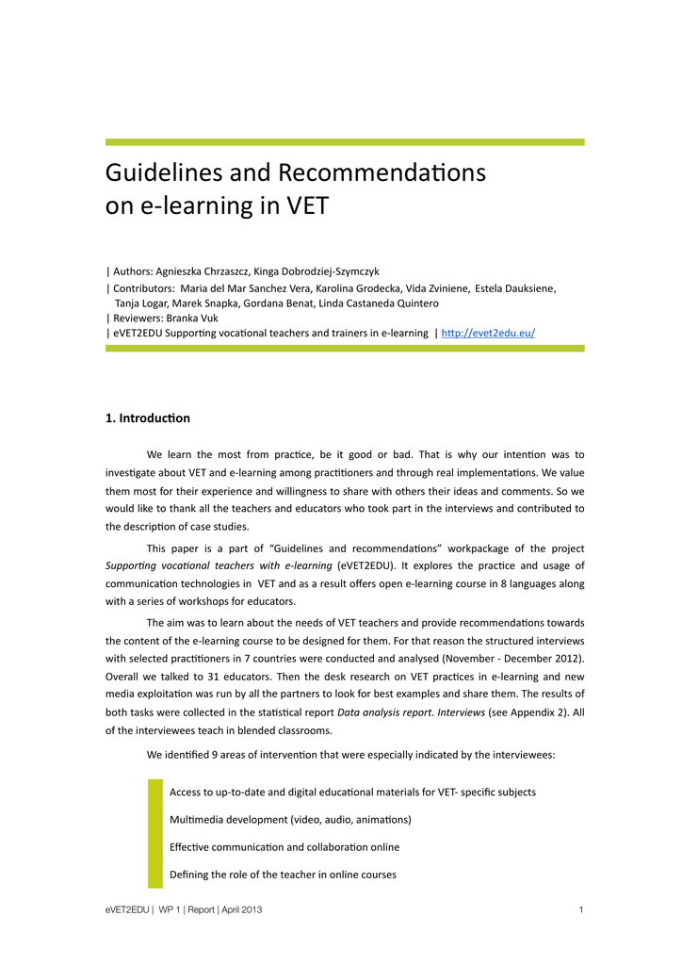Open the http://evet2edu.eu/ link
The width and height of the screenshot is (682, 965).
coord(488,333)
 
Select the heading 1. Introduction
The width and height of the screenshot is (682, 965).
coord(148,417)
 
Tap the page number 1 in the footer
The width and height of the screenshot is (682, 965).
coord(581,909)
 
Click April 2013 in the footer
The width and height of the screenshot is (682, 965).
coord(242,909)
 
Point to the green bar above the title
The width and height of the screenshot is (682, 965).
coord(345,142)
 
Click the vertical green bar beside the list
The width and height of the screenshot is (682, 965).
coord(155,833)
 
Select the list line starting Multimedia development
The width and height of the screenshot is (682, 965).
coord(290,820)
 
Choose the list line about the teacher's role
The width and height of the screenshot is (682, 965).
coord(283,875)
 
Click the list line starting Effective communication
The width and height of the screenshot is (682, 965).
coord(284,847)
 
